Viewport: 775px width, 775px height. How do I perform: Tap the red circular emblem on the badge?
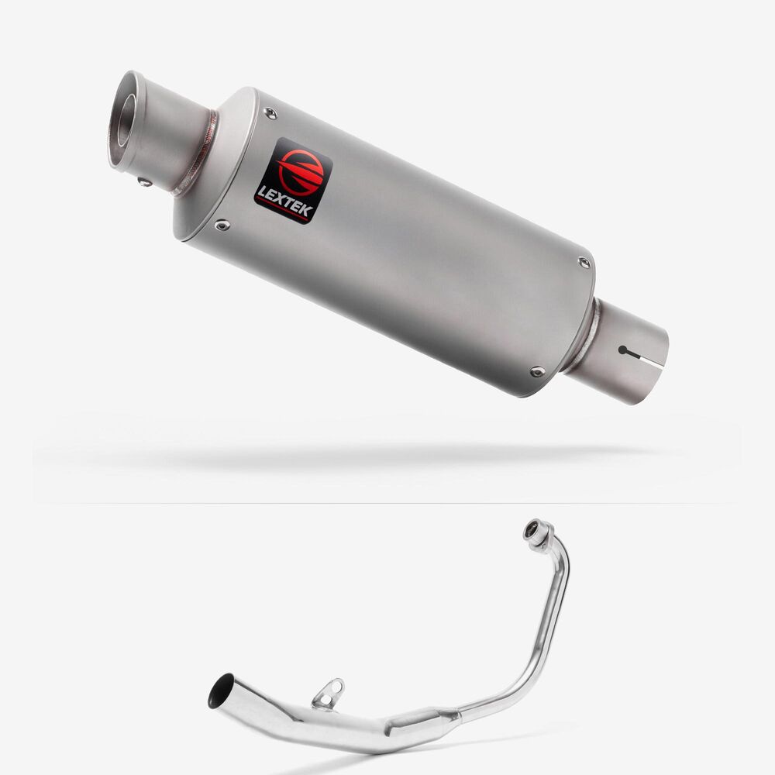(299, 172)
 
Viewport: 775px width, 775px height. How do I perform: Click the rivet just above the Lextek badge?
(270, 113)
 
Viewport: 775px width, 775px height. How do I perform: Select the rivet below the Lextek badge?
(222, 226)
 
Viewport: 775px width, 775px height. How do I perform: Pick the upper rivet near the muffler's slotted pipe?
(584, 262)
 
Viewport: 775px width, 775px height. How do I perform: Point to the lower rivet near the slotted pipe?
(537, 370)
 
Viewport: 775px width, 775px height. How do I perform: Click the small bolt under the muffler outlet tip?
(145, 182)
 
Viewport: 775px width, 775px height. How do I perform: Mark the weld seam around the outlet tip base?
(198, 153)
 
